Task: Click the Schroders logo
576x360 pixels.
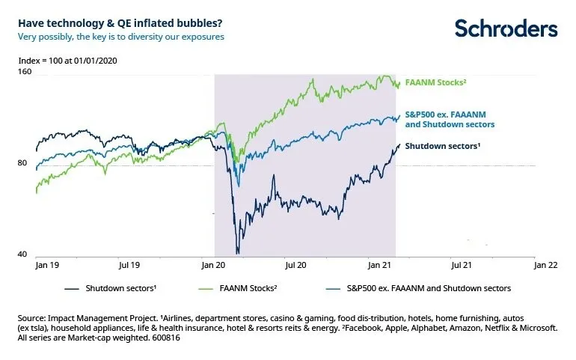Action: pos(506,28)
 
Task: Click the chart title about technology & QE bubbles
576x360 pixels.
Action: pos(110,22)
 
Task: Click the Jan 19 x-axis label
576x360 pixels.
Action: pos(47,265)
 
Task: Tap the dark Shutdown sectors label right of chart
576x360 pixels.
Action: pos(442,146)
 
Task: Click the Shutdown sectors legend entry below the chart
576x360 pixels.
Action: pos(113,287)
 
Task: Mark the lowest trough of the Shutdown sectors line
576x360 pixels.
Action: pos(237,252)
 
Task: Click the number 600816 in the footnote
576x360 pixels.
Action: pos(165,338)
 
